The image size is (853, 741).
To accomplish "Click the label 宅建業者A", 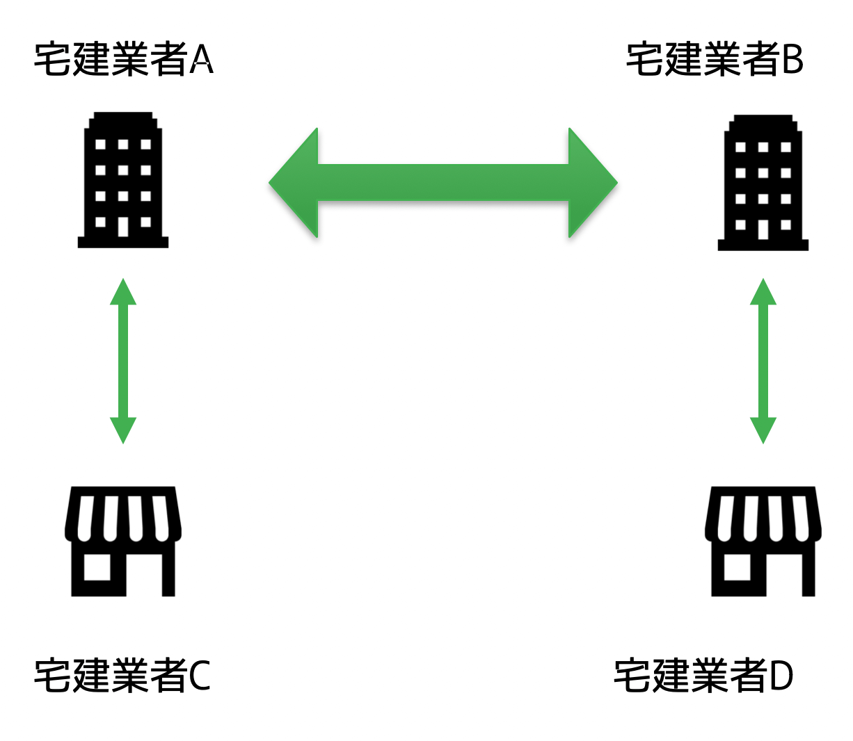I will pos(123,59).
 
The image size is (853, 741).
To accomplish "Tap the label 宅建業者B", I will pos(715,59).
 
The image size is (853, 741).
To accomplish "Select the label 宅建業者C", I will pos(122,675).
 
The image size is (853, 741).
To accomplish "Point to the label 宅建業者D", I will pos(703,675).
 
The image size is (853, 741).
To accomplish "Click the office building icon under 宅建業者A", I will pos(123,179).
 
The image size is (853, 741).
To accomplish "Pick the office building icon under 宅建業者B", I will pos(763,182).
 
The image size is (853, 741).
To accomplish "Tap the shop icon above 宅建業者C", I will pos(123,541).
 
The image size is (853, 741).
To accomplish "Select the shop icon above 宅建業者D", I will pos(763,541).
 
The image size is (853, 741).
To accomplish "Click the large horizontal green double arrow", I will pos(443,183).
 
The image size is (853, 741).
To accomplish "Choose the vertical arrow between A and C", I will pos(123,361).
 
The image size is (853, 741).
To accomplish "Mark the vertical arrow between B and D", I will pos(763,361).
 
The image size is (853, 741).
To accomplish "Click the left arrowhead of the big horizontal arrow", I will pos(294,183).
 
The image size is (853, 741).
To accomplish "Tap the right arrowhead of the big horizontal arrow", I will pos(592,183).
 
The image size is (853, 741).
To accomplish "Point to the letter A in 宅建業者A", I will pos(201,60).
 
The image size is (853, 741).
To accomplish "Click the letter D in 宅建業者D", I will pos(781,676).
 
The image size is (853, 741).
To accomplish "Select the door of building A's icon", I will pos(123,227).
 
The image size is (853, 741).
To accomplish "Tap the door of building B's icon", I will pos(763,229).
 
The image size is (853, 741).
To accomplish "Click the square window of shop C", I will pos(97,567).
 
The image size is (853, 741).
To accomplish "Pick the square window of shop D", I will pos(738,567).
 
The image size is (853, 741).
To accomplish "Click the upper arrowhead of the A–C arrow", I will pos(123,292).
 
